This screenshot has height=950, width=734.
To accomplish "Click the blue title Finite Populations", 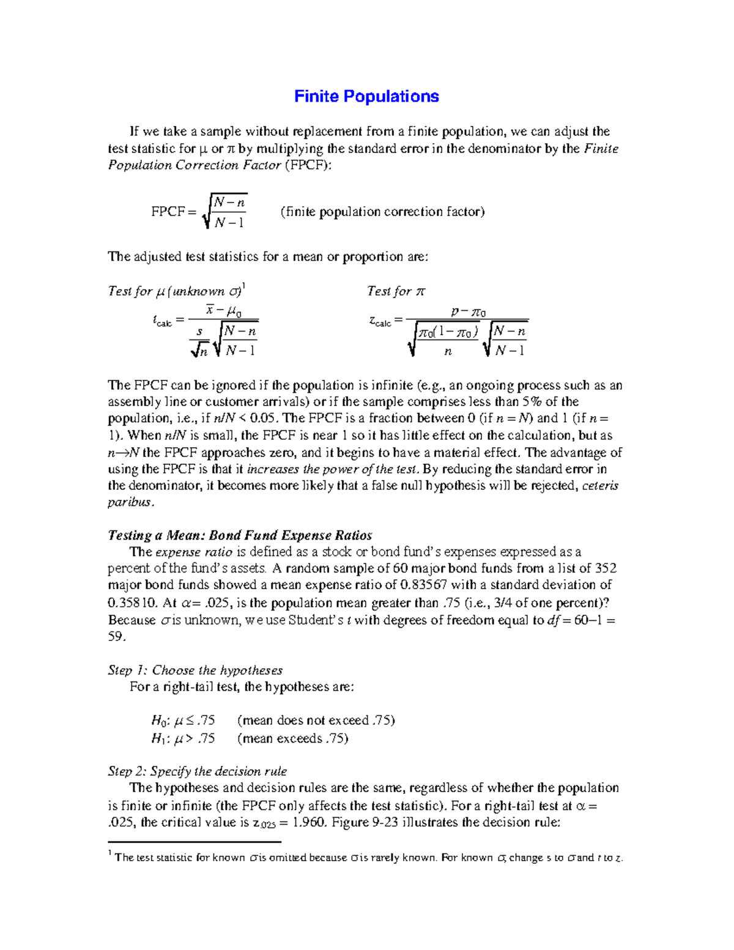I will click(366, 97).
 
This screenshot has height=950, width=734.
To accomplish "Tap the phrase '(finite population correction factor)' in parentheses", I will click(382, 212).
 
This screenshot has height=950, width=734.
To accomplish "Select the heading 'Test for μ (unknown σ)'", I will click(176, 291).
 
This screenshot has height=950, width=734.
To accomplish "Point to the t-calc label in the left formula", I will click(162, 321).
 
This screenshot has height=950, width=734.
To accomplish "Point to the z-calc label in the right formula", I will click(380, 321).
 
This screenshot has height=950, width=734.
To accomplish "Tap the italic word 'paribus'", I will click(130, 502).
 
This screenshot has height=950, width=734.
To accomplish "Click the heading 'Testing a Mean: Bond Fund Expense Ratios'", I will click(240, 535).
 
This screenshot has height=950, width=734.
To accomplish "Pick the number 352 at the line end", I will click(606, 568).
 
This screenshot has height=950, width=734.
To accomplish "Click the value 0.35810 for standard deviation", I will click(132, 603).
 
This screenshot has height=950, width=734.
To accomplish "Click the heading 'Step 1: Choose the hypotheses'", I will click(195, 670).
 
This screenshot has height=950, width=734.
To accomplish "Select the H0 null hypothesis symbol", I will click(157, 721).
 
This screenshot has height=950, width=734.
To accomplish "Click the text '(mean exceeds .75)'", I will click(293, 738).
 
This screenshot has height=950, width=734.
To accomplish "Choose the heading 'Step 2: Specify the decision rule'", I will click(197, 771).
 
